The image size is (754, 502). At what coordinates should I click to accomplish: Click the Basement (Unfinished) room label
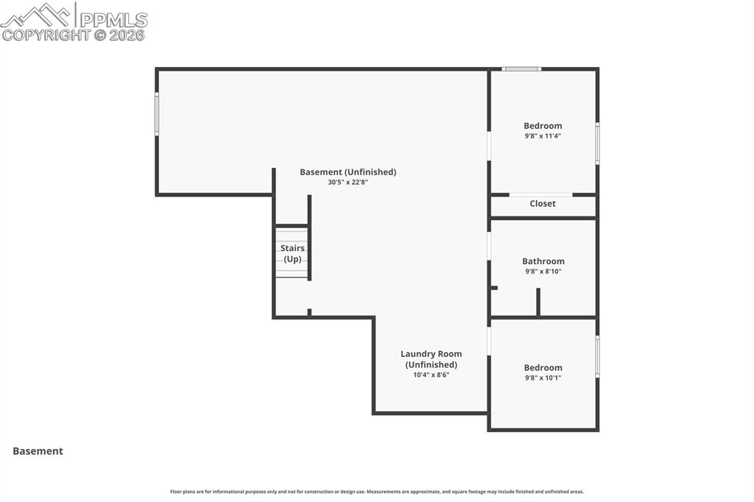348,172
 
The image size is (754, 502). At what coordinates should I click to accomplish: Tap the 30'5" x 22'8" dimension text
348,183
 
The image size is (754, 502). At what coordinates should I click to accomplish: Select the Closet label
543,204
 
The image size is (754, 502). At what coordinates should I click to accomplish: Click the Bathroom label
543,261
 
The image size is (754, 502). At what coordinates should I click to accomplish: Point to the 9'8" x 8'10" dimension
543,272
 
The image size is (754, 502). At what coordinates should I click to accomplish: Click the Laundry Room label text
431,354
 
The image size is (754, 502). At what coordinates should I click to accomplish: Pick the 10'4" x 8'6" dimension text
431,375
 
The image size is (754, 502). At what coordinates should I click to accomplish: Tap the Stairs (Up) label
292,254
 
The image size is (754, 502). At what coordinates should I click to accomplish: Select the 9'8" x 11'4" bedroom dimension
543,136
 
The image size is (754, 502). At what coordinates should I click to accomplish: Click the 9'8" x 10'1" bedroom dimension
543,378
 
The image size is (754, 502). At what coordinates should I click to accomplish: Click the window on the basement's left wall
157,114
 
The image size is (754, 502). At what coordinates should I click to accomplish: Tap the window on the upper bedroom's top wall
521,69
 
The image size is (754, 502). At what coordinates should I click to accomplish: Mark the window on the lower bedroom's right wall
597,356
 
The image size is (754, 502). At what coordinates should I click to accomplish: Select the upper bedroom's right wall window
597,144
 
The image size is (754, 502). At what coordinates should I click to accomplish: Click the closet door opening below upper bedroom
540,194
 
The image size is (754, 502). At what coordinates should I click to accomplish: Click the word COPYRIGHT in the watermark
46,35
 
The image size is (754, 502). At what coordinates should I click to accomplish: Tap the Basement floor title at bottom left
38,451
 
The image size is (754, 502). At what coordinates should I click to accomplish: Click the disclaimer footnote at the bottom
377,492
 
